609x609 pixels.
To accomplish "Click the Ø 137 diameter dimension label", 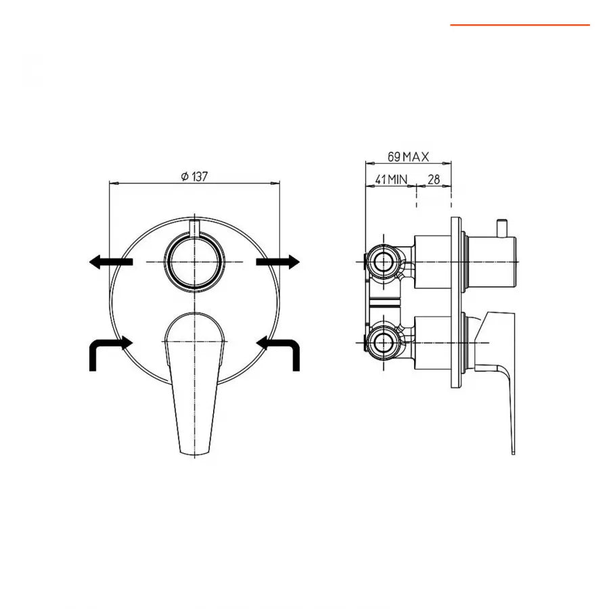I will (194, 176).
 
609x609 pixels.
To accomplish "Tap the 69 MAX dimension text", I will (408, 156).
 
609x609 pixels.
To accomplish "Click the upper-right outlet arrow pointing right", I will (277, 262).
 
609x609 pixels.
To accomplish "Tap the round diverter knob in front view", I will (194, 263).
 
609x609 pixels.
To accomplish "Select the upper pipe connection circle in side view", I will (384, 262).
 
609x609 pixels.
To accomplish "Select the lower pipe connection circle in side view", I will (384, 341).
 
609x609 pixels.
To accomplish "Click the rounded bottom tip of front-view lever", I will (194, 450).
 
